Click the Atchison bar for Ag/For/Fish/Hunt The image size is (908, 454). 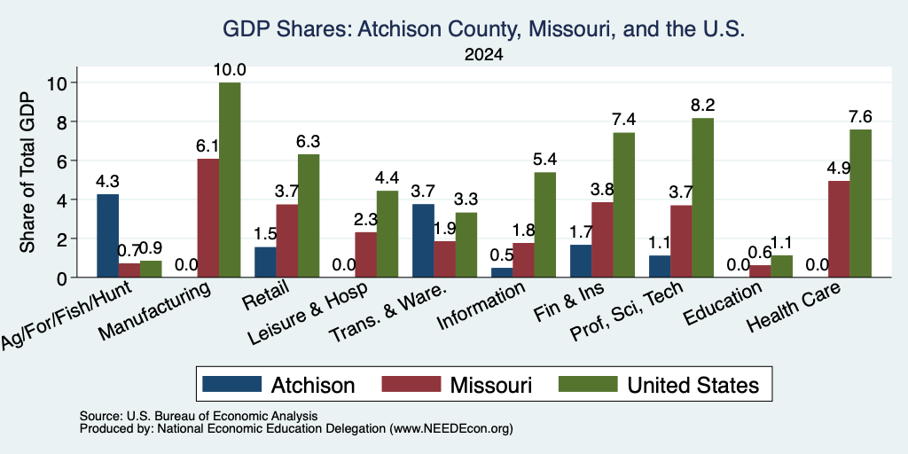point(107,236)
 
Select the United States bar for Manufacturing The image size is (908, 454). point(230,180)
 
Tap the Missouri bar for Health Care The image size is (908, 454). point(839,230)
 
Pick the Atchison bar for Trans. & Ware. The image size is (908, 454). point(423,241)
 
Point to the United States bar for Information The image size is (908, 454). point(545,224)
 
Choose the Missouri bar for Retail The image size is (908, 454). point(286,241)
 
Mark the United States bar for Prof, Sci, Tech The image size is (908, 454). point(702,198)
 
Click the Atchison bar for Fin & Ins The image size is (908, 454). point(581,262)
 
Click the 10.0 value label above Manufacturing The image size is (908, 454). point(230,71)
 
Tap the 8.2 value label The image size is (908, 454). point(703,106)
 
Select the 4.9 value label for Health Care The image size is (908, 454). point(839,168)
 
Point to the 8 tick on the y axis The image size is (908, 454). point(64,121)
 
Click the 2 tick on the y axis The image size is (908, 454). point(64,239)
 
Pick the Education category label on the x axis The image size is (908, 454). point(722,304)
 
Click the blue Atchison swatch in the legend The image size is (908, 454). point(231,384)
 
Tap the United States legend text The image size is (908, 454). point(693,385)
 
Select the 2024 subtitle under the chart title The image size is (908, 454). point(483,55)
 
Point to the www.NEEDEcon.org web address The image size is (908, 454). point(451,429)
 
